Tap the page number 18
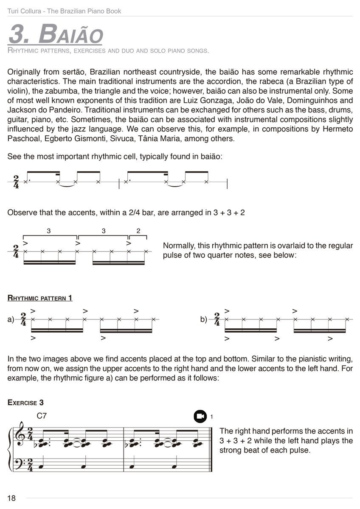[x=11, y=498]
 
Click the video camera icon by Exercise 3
[x=200, y=417]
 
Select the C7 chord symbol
[x=42, y=416]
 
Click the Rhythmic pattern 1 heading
[x=40, y=298]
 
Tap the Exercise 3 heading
[x=25, y=403]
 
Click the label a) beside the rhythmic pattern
[x=11, y=319]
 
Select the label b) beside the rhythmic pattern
[x=204, y=319]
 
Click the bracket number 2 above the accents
[x=138, y=231]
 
